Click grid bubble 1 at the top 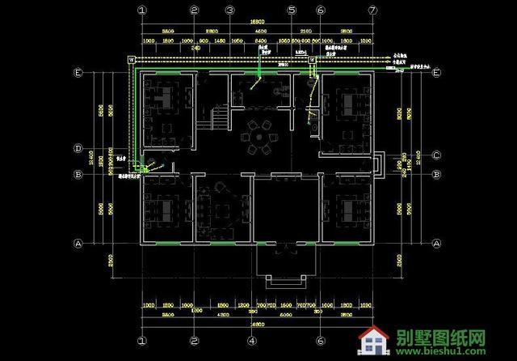tap(142, 11)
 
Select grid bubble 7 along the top tap(372, 11)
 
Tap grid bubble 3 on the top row tap(229, 11)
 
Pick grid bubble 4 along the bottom tap(261, 341)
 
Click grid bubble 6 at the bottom tap(321, 341)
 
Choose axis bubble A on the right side tap(435, 243)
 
